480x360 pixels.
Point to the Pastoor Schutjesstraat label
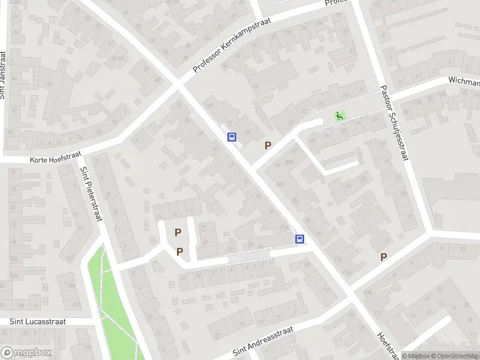click(x=394, y=122)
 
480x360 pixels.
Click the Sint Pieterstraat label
click(x=91, y=193)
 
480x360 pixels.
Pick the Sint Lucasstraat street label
click(x=37, y=322)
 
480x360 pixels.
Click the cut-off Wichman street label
click(x=464, y=82)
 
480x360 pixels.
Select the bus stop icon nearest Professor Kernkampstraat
click(x=232, y=137)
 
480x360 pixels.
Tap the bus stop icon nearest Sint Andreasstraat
click(x=299, y=239)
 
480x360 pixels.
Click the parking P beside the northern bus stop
click(x=268, y=145)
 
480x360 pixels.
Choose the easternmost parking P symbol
click(x=383, y=257)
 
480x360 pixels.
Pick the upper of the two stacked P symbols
click(x=178, y=232)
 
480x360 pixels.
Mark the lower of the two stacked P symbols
click(x=179, y=252)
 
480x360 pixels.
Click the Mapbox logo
click(x=26, y=353)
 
